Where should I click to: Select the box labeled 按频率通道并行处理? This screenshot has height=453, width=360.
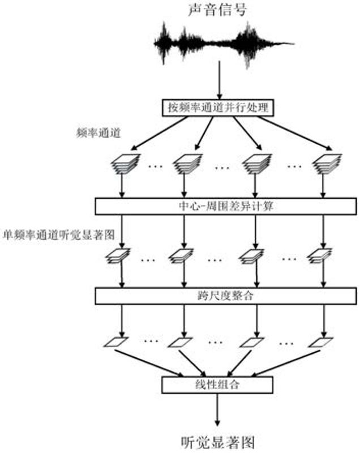point(219,107)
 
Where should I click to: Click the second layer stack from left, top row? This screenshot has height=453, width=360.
point(186,165)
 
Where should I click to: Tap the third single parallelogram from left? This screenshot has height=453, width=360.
point(251,341)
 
